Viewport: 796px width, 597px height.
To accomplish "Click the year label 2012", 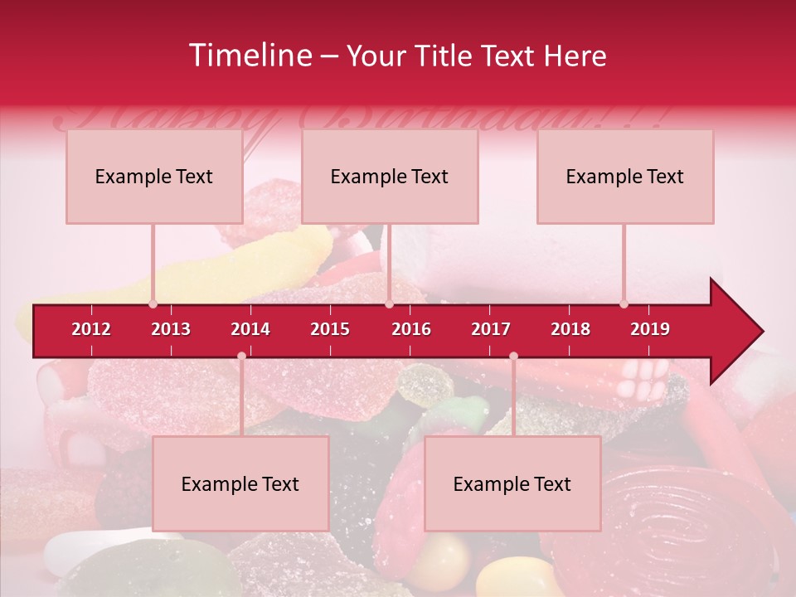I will tap(91, 329).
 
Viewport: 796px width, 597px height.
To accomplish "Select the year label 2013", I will tap(171, 329).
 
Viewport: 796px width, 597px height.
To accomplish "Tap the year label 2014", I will tap(250, 329).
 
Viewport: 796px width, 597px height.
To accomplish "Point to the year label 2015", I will tap(330, 329).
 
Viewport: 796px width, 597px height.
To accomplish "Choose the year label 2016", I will tap(411, 329).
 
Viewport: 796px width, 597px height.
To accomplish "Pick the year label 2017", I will tap(491, 329).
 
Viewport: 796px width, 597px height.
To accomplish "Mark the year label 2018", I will tap(570, 329).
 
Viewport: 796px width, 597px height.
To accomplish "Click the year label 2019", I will tap(650, 329).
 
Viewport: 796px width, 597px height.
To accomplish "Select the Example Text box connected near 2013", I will tap(154, 177).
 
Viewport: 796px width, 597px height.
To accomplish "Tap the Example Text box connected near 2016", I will tap(390, 177).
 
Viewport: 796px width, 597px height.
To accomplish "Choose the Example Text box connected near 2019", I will tap(625, 177).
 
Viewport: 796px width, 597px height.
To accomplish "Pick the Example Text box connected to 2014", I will tap(240, 484).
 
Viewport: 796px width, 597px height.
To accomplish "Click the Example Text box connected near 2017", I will tap(512, 484).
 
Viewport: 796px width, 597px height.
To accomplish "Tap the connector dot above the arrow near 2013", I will tap(153, 303).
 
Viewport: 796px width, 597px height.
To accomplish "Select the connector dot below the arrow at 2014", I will tap(241, 356).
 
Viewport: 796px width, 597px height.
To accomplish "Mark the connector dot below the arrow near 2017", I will tap(513, 356).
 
